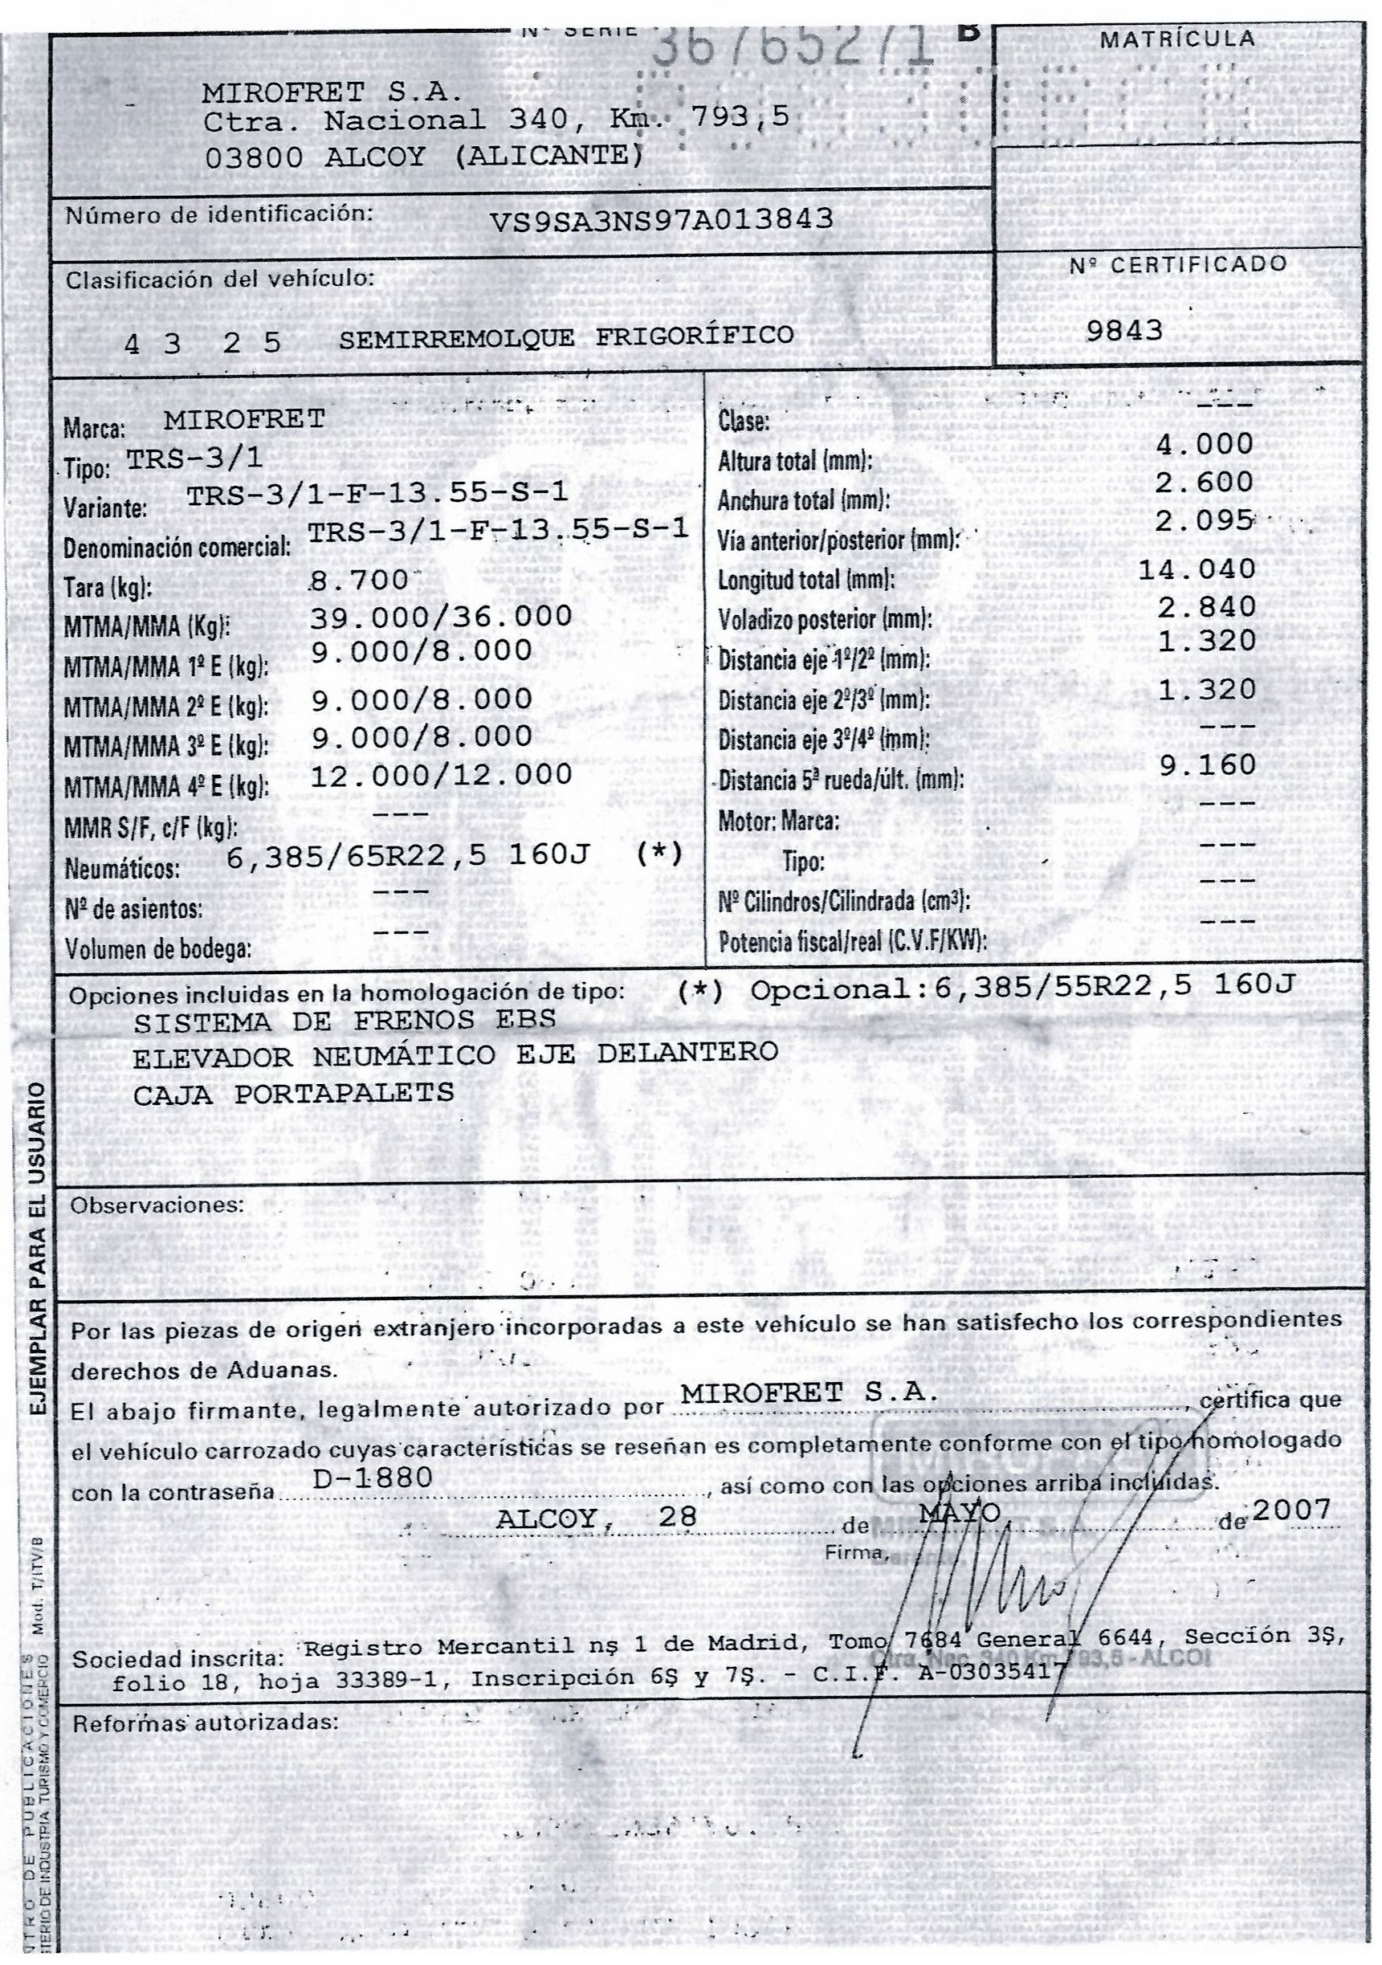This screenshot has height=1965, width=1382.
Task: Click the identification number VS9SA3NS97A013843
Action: tap(661, 220)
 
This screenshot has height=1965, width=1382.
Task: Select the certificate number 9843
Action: tap(1124, 330)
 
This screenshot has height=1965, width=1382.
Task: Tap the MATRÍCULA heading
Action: tap(1177, 39)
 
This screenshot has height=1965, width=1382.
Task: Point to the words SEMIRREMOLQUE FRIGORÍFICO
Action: tap(565, 336)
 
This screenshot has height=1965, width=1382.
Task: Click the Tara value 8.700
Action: tap(360, 581)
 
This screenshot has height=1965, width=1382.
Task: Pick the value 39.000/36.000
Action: tap(441, 616)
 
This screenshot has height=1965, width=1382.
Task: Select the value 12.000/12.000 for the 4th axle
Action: tap(441, 775)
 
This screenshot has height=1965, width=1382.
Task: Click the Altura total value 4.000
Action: tap(1205, 444)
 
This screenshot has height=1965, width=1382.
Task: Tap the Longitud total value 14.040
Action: tap(1197, 569)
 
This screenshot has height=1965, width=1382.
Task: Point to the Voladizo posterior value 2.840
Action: tap(1205, 607)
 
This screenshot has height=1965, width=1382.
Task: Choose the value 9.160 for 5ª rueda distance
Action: tap(1207, 765)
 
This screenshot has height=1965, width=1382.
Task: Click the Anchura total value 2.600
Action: tap(1204, 482)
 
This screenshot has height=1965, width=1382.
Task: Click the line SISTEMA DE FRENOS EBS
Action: tap(344, 1021)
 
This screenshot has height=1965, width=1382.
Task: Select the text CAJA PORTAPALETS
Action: tap(294, 1093)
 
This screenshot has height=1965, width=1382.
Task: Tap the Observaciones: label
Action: tap(157, 1205)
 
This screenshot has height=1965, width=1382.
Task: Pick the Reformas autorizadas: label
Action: tap(206, 1722)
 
